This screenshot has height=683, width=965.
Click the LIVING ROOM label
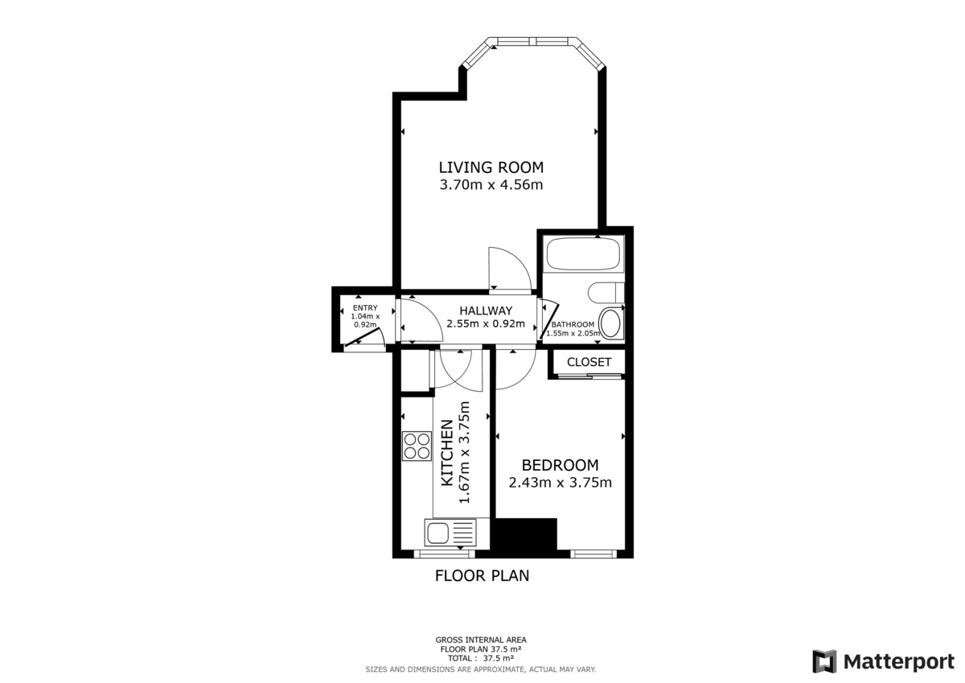tap(491, 167)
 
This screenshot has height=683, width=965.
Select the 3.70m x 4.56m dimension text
tap(491, 185)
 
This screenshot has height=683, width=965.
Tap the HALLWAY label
tap(486, 311)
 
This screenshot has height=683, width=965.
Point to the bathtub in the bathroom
tap(583, 256)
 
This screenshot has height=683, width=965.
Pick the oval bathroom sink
tap(611, 323)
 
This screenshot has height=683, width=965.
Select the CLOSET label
tap(589, 362)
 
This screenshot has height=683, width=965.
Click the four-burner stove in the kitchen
tap(417, 446)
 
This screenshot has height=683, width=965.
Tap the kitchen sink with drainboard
tap(450, 533)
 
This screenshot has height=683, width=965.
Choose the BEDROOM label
tap(560, 465)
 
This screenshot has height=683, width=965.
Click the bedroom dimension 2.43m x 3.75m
tap(560, 483)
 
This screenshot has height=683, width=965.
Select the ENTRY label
tap(364, 307)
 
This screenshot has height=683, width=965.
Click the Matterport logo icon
tap(824, 661)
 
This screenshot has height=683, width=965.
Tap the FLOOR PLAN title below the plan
tap(482, 576)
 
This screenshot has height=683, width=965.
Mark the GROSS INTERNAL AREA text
tap(481, 640)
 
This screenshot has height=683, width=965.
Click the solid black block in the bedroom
tap(525, 535)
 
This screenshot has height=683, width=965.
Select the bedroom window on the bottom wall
tap(593, 553)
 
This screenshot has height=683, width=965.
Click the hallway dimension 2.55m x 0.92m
tap(486, 324)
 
